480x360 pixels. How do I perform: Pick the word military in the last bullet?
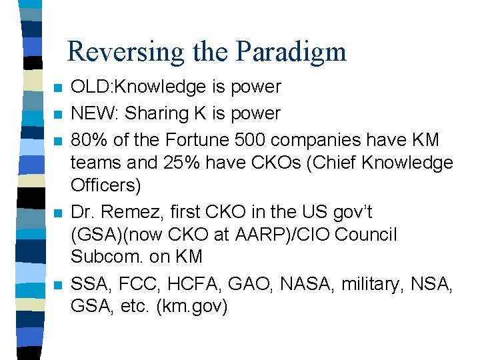[x=370, y=285]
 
